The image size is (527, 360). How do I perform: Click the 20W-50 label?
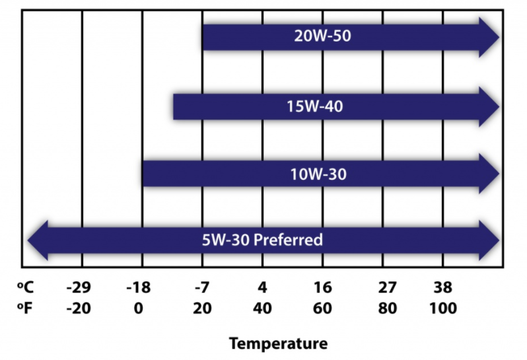pyautogui.click(x=322, y=36)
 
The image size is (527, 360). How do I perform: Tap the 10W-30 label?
pyautogui.click(x=318, y=174)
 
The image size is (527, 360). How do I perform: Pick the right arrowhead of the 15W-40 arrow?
pyautogui.click(x=488, y=105)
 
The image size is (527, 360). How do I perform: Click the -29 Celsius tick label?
pyautogui.click(x=81, y=288)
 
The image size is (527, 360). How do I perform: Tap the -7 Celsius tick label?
pyautogui.click(x=201, y=288)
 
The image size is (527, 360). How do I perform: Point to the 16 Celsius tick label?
pyautogui.click(x=322, y=288)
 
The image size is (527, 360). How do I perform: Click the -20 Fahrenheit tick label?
pyautogui.click(x=81, y=308)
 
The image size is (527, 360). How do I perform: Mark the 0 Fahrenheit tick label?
pyautogui.click(x=138, y=308)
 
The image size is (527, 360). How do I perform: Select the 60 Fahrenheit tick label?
pyautogui.click(x=322, y=308)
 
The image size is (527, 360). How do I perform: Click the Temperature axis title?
pyautogui.click(x=278, y=343)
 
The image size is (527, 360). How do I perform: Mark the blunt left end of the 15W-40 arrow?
pyautogui.click(x=175, y=106)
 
